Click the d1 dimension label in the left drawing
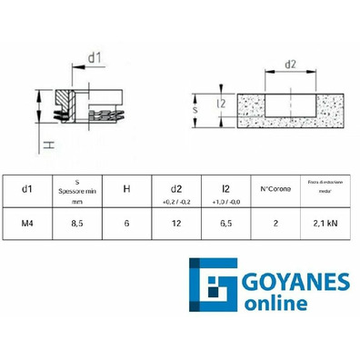click(x=95, y=59)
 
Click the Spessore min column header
click(x=78, y=189)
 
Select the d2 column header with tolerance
click(x=176, y=190)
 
